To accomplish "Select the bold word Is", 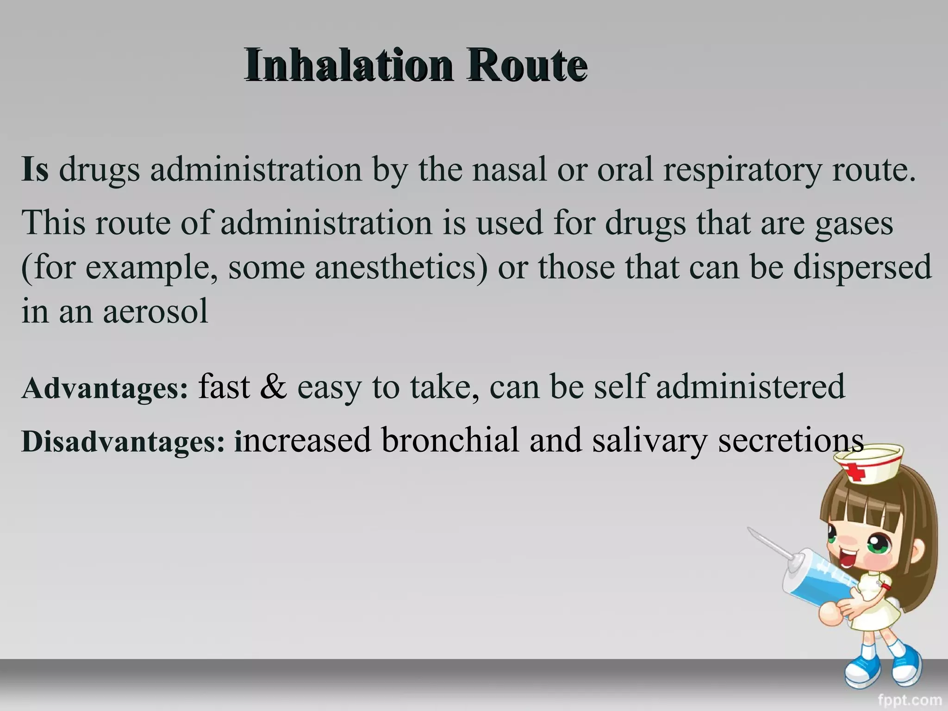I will pos(35,169).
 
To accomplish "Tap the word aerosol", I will pos(156,311).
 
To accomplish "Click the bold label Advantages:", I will pos(105,388).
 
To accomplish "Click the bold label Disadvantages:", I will pos(123,441).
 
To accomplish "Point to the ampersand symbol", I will pos(273,387).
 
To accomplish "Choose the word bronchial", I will pos(450,440).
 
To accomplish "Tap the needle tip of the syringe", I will pos(751,530).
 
